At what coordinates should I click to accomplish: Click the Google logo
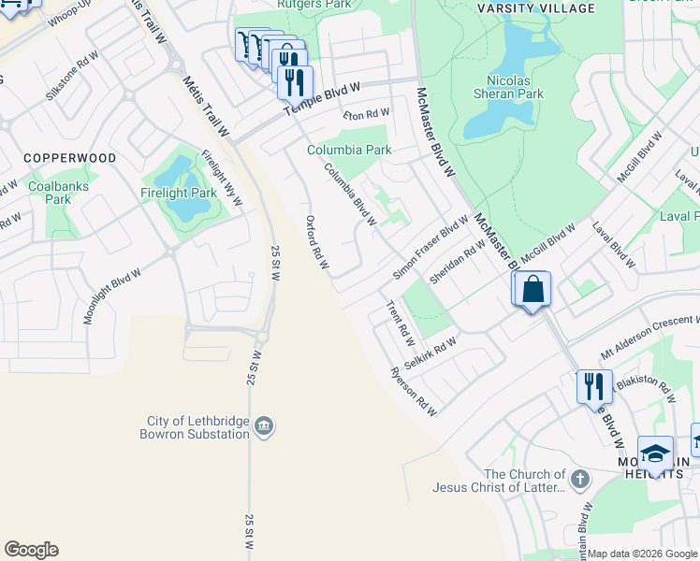coord(31,550)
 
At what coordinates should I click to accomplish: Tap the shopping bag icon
coord(532,289)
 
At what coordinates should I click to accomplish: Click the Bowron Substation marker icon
coord(265,426)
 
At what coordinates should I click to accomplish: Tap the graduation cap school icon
coord(655,454)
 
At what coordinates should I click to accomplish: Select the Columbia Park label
coord(350,150)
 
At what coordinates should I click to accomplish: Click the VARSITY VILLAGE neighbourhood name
coord(535,8)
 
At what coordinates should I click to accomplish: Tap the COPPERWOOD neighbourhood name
coord(70,158)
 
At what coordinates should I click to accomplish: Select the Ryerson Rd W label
coord(415,391)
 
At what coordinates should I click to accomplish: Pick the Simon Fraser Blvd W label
coord(430,248)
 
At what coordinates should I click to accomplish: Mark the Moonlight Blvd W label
coord(111,296)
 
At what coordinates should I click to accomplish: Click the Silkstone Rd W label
coord(72,83)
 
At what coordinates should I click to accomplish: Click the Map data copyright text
coord(642,554)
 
